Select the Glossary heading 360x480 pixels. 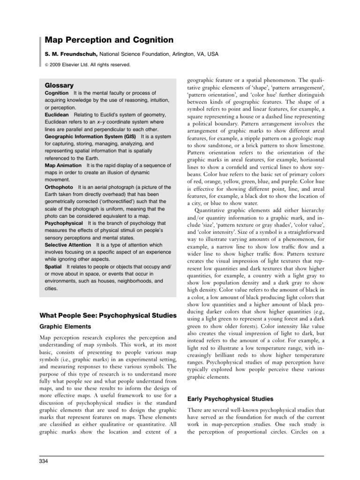(59, 85)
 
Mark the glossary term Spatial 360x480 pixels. (54, 266)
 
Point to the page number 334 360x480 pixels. (44, 463)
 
